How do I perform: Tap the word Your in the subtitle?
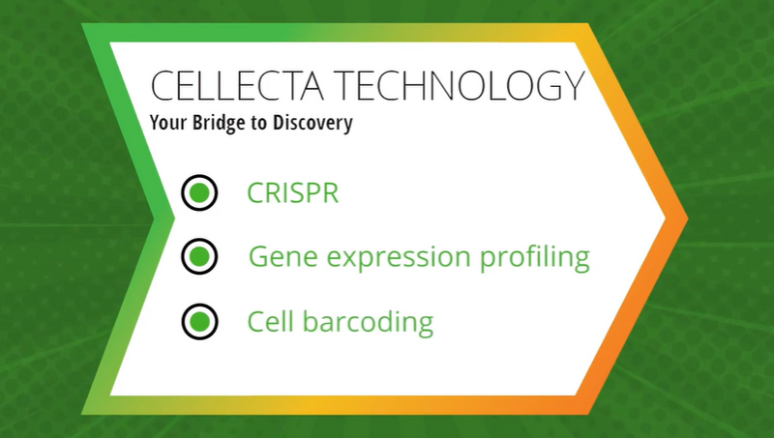click(168, 123)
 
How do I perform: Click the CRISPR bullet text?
click(292, 193)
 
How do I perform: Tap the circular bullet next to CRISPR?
click(199, 193)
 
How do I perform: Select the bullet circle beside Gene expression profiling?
click(199, 257)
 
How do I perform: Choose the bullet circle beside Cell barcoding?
click(199, 321)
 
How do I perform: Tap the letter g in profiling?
click(580, 261)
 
